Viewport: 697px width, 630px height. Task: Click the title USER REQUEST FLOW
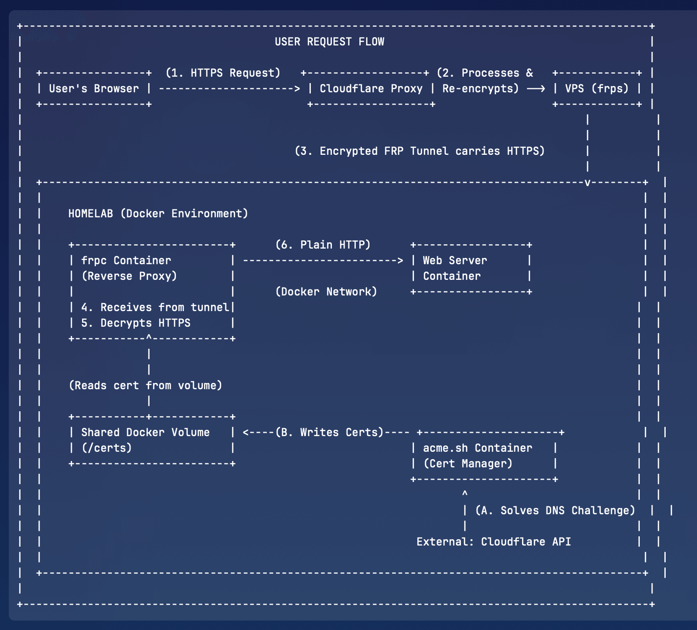click(329, 42)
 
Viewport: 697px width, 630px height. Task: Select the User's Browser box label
click(94, 89)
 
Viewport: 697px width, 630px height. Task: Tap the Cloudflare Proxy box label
click(371, 89)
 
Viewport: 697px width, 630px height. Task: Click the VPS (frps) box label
click(596, 89)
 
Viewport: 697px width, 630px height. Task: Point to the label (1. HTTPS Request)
click(223, 73)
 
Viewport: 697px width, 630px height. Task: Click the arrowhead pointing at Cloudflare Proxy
click(297, 89)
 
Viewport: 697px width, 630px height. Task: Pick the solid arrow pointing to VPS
click(536, 89)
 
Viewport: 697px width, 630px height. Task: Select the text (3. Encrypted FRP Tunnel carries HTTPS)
click(419, 151)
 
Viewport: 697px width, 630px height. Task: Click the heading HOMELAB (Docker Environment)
click(158, 214)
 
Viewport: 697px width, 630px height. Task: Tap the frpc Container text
click(126, 261)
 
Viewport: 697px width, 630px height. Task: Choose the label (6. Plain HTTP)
click(323, 245)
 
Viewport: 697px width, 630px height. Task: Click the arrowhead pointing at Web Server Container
click(400, 261)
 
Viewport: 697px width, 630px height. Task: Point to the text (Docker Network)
click(327, 292)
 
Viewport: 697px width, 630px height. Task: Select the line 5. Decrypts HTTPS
click(135, 323)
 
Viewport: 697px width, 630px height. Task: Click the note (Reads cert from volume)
click(146, 386)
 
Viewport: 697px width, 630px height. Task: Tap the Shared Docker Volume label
click(145, 433)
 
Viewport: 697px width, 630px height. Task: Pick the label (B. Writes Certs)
click(329, 433)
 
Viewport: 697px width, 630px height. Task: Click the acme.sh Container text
click(478, 448)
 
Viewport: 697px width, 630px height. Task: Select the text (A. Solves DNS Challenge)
click(555, 511)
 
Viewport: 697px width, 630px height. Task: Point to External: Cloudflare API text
click(494, 542)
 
